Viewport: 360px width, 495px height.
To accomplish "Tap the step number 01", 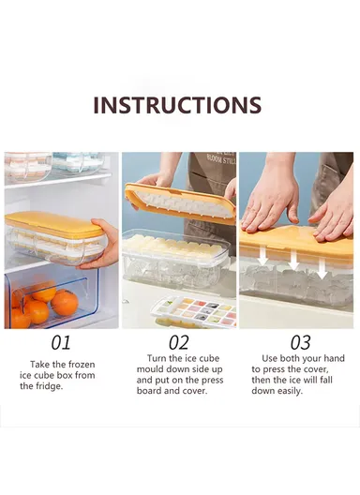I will tap(59, 342).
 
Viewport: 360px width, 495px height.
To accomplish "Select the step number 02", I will tap(178, 342).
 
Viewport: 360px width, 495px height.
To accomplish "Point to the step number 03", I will tap(299, 342).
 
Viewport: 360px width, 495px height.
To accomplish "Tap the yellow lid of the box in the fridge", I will tap(53, 224).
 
